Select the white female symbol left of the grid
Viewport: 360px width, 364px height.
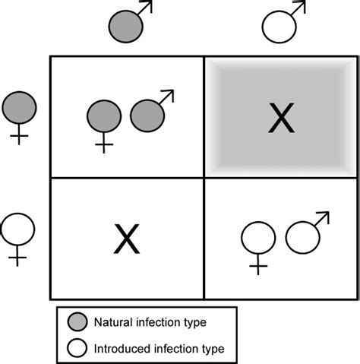(18, 229)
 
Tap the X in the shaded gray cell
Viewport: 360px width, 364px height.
(281, 117)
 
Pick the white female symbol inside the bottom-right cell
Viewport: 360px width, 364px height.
(258, 240)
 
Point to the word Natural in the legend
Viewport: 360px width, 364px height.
(112, 321)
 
